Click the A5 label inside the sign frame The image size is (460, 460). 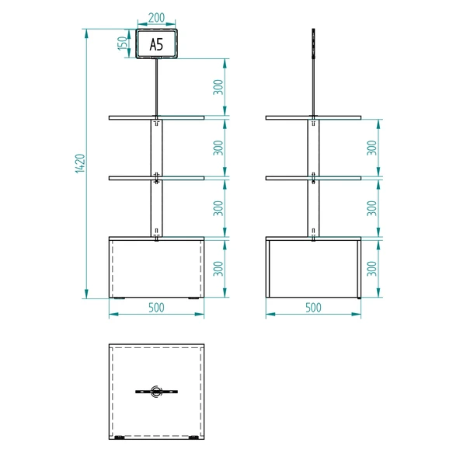coord(156,45)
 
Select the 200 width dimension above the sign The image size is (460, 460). coord(156,17)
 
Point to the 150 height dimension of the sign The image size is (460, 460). coord(123,44)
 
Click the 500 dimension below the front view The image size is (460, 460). coord(156,307)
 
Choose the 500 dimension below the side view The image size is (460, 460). coord(313,307)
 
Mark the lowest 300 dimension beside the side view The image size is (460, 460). coord(373,268)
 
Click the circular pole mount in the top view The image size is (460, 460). coord(156,392)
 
